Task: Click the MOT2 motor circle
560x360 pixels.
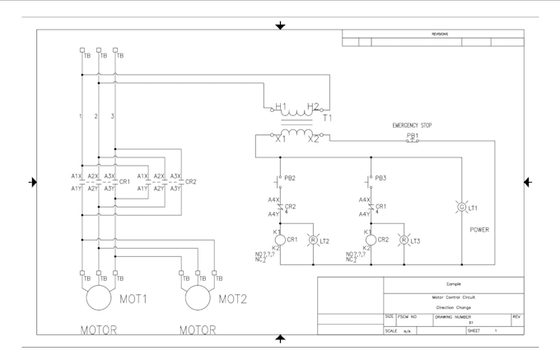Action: (198, 298)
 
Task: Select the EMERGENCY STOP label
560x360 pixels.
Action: (412, 125)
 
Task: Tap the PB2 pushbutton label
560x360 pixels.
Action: (290, 178)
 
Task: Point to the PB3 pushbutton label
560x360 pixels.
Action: (381, 178)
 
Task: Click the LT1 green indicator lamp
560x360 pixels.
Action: (461, 208)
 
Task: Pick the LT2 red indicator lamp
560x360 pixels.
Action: (312, 241)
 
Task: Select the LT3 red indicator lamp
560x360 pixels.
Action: (404, 241)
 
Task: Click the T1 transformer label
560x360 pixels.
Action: (327, 118)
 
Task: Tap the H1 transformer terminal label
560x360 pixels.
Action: (281, 107)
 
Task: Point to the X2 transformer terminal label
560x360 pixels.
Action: (313, 139)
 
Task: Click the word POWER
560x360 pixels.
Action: (479, 230)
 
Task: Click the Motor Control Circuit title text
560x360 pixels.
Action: (453, 297)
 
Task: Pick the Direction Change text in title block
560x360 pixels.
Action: (453, 307)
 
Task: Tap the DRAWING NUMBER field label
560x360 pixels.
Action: (453, 316)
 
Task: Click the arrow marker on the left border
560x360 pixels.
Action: (32, 182)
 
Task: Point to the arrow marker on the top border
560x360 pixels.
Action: (280, 26)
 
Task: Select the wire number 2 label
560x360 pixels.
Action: (96, 116)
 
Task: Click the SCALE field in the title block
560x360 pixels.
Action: (391, 330)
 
